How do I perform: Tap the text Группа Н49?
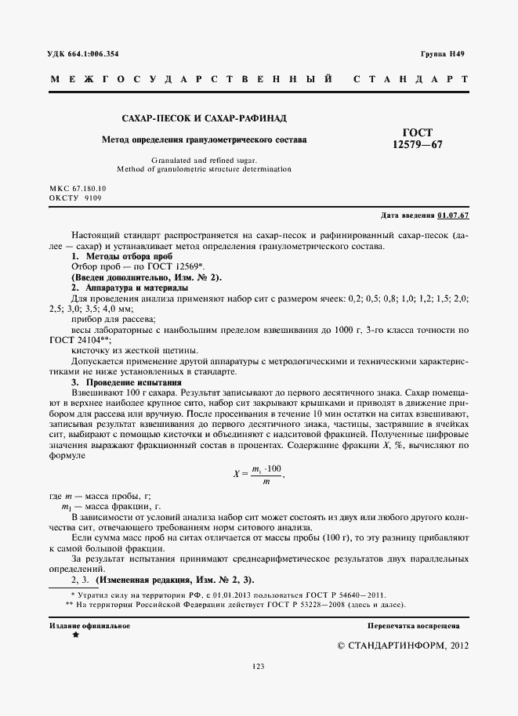[444, 53]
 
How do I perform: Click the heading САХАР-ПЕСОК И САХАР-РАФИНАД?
[204, 118]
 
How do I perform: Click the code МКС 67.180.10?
[78, 190]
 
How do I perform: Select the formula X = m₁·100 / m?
[258, 473]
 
